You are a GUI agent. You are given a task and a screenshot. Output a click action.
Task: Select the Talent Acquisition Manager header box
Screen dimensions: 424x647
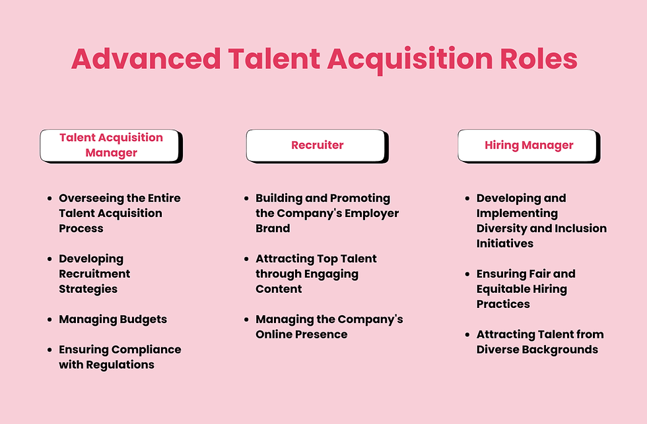pos(111,145)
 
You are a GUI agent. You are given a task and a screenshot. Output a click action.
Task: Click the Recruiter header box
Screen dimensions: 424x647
pos(317,145)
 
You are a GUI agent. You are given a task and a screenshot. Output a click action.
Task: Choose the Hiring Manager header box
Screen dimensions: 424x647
pos(529,145)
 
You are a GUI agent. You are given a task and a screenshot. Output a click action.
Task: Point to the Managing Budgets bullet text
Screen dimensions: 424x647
pos(113,319)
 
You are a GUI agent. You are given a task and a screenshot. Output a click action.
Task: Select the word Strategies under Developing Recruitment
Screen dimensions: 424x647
pos(88,289)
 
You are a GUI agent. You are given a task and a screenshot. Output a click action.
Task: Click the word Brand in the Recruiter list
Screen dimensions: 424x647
pos(273,228)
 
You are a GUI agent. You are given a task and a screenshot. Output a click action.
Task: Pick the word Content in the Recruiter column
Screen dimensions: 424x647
pos(279,289)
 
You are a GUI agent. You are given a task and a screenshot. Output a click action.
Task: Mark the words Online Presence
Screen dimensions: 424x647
pos(301,334)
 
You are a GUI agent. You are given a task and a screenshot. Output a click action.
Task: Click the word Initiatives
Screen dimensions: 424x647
pos(504,243)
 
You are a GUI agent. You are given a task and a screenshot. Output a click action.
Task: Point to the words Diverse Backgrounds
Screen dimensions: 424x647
pos(537,349)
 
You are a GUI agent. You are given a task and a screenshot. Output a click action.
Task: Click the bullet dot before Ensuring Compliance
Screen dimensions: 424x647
pos(50,350)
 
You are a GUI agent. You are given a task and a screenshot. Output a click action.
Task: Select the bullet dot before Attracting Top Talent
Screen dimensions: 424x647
pos(247,259)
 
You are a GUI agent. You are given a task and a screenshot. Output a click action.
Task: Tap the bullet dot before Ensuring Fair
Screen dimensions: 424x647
pos(468,274)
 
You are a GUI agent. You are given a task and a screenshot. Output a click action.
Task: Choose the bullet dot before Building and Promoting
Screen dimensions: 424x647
pos(247,198)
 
